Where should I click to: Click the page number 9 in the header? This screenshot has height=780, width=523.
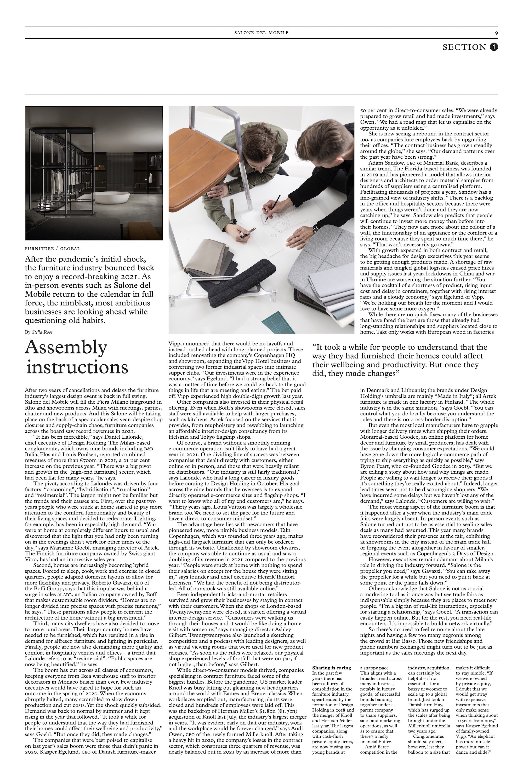tap(496, 33)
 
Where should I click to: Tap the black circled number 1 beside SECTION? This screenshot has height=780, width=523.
tap(494, 47)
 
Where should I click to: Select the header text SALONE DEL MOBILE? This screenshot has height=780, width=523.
tap(261, 33)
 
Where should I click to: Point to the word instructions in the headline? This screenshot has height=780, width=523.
tap(77, 367)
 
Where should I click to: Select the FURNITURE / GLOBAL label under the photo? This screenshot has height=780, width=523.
tap(53, 249)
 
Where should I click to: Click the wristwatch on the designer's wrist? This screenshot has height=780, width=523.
tap(315, 229)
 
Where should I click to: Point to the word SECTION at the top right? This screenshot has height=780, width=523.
tap(464, 47)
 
